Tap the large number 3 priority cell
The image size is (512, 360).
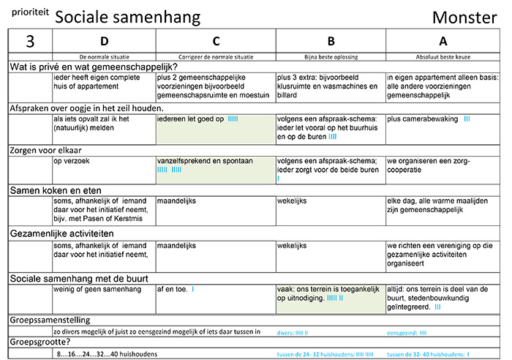coord(29,41)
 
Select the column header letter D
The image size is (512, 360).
coord(104,41)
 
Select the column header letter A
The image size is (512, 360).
coord(445,41)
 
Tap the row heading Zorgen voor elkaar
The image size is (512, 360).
coord(47,149)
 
